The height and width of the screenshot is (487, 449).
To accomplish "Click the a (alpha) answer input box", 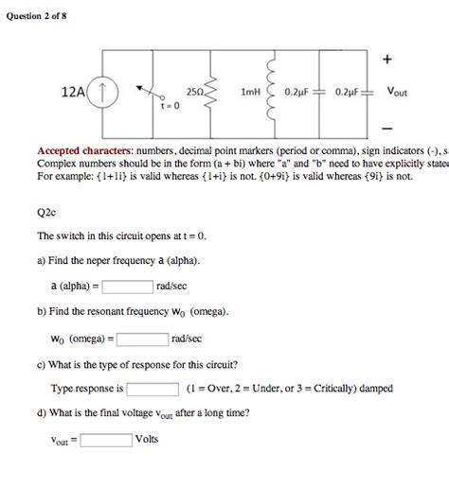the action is coord(128,286).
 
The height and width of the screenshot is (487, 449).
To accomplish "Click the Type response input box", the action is coord(153,388).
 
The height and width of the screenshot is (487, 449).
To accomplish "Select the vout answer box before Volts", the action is coord(106,439).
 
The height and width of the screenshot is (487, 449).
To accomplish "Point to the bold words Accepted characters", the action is coord(84,150).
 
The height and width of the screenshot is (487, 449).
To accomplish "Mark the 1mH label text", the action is coord(250,93).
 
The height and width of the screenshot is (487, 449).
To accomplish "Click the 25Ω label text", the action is coord(194,93).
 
